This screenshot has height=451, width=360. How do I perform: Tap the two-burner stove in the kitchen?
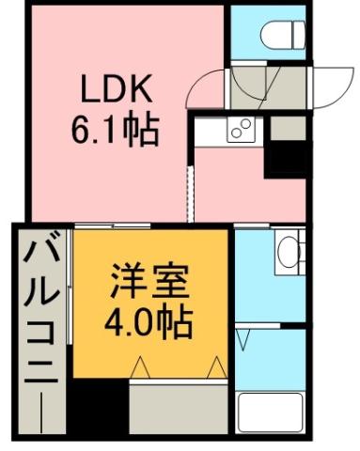[240, 129]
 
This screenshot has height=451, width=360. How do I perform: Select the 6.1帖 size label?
[115, 127]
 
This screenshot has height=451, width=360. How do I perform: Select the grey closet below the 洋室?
[179, 409]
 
